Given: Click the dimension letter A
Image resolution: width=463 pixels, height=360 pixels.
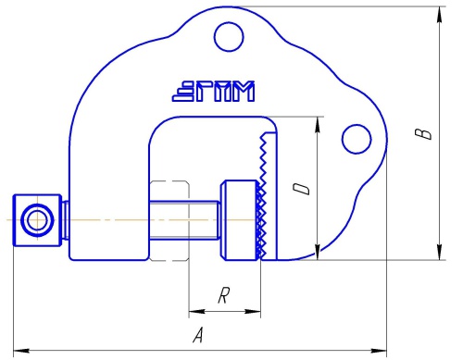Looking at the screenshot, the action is click(198, 335).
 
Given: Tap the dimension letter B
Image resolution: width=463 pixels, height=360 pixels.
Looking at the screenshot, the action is click(423, 134).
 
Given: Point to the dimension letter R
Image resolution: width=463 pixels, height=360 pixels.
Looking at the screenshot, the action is click(224, 295).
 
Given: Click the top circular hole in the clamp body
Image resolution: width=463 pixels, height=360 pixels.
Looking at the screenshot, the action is click(229, 36).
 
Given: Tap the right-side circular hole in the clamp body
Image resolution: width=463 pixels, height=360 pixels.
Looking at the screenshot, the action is click(357, 139).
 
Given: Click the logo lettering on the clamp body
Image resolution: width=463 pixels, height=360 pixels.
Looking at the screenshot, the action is click(213, 92).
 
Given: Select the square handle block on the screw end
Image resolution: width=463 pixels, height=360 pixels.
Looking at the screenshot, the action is click(37, 220).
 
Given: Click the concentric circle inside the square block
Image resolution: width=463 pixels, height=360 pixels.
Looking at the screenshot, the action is click(37, 220).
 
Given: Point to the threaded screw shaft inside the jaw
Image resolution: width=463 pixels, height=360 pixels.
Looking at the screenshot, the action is click(184, 219).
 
